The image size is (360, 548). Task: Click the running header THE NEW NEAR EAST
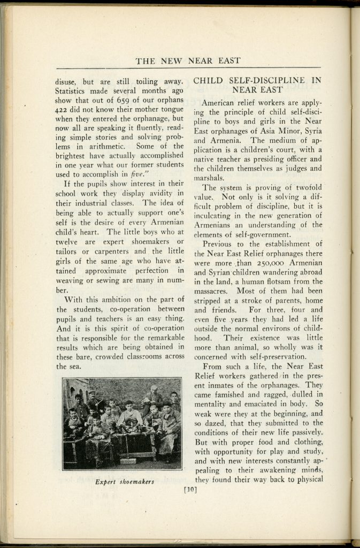pos(188,60)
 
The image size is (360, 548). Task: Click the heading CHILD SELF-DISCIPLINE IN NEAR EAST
pos(257,85)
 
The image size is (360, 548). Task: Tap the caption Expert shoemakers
pos(125,481)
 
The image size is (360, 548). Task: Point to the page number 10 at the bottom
pos(190,488)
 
